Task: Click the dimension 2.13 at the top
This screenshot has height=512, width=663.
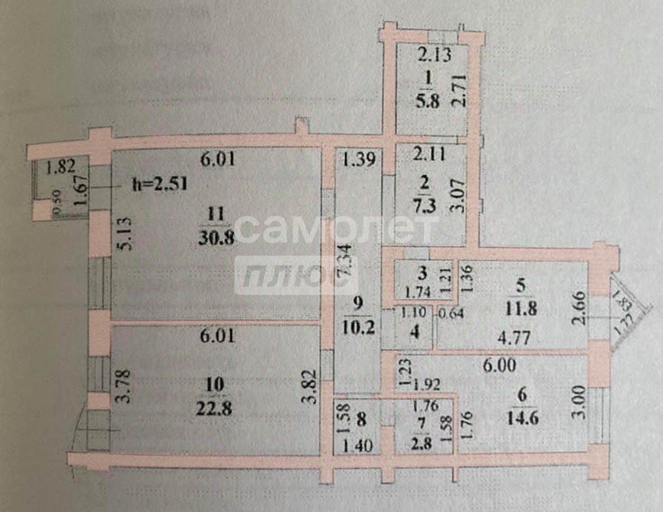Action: (435, 56)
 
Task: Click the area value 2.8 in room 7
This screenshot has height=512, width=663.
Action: (421, 442)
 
